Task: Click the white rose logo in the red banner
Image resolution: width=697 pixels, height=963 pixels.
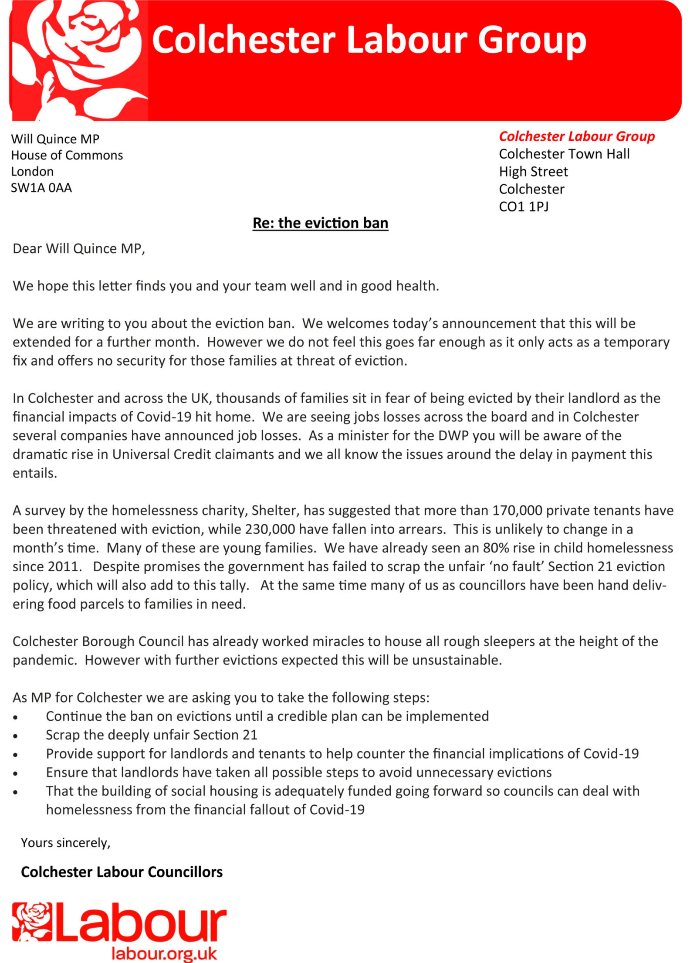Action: click(76, 59)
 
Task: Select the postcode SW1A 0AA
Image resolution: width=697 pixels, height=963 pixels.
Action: click(41, 188)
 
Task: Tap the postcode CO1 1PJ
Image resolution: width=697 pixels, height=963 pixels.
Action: click(523, 206)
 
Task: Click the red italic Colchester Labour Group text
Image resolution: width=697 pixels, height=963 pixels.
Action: click(576, 136)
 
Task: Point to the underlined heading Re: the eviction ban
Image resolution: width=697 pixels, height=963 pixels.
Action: click(320, 223)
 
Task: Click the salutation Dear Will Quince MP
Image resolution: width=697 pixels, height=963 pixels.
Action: click(78, 248)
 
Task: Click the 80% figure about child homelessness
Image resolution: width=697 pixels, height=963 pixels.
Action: click(496, 548)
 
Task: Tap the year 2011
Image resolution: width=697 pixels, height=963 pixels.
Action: click(63, 566)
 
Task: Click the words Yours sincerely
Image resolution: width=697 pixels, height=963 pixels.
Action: click(65, 843)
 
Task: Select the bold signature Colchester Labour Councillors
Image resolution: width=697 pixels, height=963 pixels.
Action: click(122, 872)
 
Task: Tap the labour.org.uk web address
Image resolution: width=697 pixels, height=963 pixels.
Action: click(164, 953)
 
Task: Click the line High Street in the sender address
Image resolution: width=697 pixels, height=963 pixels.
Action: click(533, 171)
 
